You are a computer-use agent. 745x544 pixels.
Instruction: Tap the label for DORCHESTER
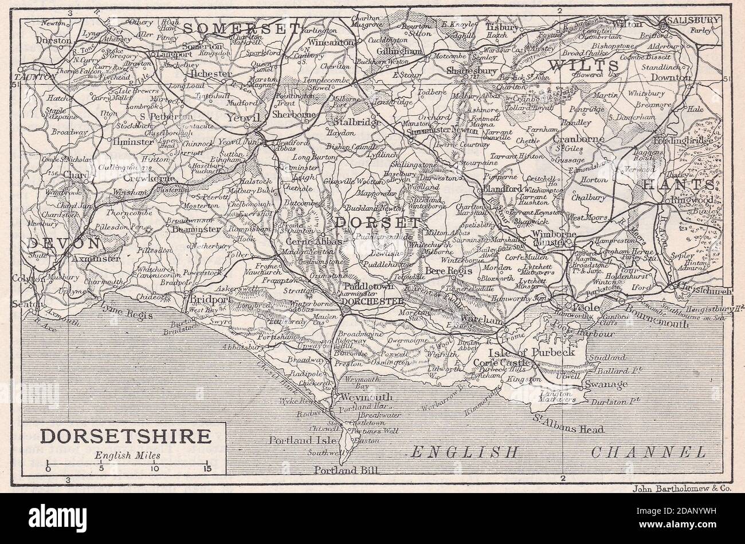372,301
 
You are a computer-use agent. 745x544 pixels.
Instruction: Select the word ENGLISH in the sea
465,452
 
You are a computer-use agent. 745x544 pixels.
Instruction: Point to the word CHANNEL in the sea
649,452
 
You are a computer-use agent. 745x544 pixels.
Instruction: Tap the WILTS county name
583,65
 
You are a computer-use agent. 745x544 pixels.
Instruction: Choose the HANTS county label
679,184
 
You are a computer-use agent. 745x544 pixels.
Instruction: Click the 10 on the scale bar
154,468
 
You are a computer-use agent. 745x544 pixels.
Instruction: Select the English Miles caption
124,456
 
